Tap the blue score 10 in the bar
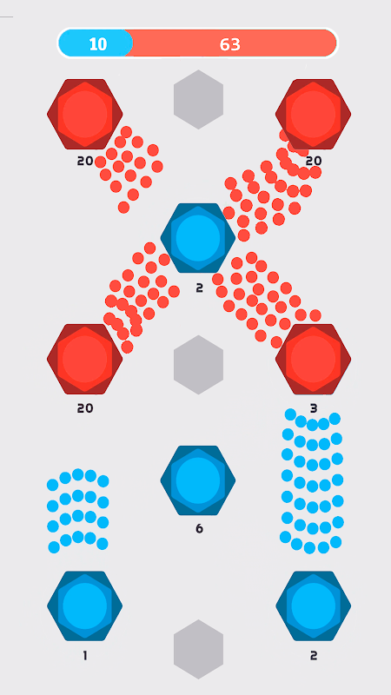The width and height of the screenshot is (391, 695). pos(98,44)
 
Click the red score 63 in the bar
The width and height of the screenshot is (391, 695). pos(229,44)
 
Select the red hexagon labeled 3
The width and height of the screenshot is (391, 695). pos(313,359)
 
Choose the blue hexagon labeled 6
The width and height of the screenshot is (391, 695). pos(198,480)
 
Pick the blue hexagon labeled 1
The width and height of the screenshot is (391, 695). pos(84,606)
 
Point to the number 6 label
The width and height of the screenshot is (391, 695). pos(199,528)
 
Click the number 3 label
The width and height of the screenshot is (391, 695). pos(314,407)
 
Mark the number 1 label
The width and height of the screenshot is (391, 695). pos(84,656)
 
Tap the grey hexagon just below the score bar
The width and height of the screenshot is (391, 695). pos(198,99)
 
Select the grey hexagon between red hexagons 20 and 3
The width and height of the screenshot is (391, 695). pos(198,365)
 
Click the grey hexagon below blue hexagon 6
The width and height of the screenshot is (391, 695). pos(198,649)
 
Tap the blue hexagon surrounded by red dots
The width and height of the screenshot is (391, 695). pos(198,238)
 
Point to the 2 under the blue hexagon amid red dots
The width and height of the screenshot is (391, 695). pos(199,288)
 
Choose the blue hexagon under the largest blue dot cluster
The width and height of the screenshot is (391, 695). pos(314,606)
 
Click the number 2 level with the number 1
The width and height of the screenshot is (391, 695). pos(314,656)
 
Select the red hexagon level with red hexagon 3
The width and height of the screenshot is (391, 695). pos(84,359)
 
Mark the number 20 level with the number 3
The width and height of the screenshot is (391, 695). pos(85,407)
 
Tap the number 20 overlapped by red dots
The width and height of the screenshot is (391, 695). pos(314,161)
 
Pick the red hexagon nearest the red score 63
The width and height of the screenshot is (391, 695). pos(313,114)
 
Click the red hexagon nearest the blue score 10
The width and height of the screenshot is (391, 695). pos(84,114)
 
